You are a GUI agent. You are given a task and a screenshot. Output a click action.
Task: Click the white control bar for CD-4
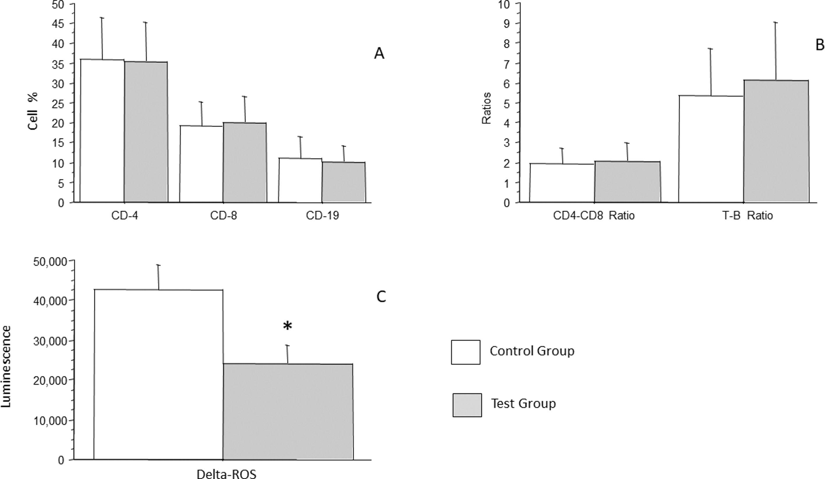point(102,131)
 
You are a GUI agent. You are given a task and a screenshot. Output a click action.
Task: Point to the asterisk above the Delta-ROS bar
point(287,326)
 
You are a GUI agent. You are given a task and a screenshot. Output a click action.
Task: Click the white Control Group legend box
point(466,352)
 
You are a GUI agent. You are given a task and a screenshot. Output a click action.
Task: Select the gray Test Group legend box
point(467,405)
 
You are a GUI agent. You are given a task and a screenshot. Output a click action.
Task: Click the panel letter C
point(381,297)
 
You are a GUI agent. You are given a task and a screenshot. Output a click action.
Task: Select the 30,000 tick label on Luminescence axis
point(50,341)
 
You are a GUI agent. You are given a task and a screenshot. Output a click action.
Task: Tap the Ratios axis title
point(487,108)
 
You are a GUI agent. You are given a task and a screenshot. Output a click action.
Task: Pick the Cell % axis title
point(33,111)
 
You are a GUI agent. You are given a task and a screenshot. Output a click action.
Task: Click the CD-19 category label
point(322,216)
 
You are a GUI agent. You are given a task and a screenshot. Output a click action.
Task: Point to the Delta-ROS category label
point(227,474)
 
